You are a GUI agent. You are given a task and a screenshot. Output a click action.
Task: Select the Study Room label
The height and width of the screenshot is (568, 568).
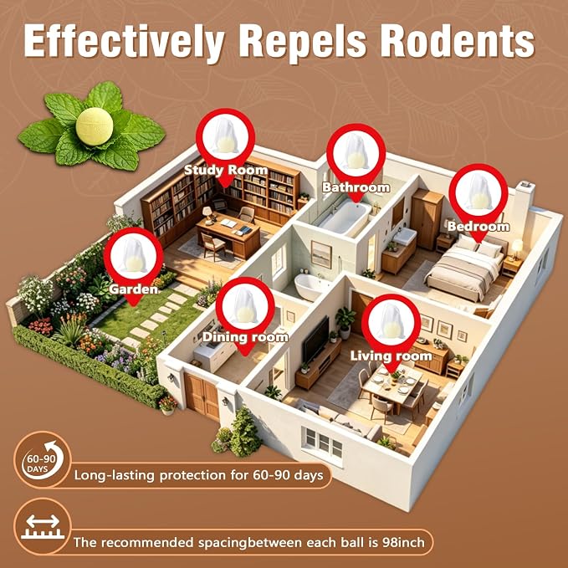click(226, 170)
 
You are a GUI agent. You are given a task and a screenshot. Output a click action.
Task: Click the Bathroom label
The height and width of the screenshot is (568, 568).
click(356, 187)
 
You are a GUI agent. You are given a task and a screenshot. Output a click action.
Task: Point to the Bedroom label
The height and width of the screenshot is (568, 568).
click(478, 227)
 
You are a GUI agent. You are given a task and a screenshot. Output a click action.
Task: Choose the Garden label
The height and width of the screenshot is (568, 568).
click(134, 289)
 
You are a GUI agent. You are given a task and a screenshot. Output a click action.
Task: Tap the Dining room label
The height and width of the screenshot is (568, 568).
click(245, 337)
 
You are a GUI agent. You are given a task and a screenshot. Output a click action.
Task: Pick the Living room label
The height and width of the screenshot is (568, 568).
click(391, 356)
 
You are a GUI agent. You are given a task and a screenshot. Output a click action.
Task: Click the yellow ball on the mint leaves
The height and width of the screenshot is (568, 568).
click(95, 126)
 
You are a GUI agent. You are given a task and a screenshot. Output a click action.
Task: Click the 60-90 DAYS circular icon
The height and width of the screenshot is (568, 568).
click(43, 460)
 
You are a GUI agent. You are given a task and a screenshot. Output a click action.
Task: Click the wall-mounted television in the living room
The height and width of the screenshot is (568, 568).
click(315, 340)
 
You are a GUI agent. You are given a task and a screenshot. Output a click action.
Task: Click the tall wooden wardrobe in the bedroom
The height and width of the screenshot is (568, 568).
click(427, 219)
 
